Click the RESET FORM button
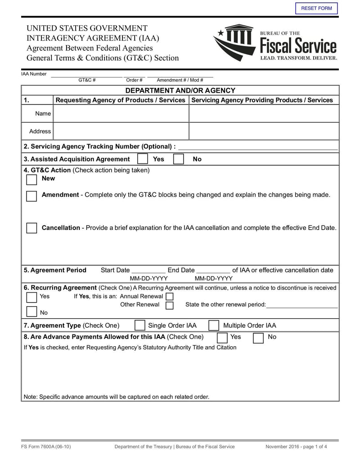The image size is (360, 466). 316,9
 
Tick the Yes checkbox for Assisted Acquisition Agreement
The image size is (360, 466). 142,159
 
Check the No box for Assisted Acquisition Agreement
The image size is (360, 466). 179,159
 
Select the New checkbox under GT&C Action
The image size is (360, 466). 31,180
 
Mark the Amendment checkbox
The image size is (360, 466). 31,196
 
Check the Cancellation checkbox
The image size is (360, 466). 31,228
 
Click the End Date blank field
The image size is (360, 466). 213,270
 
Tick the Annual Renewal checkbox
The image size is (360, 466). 170,296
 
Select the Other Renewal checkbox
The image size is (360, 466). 170,305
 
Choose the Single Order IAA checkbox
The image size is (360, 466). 140,326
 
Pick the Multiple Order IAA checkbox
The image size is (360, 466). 215,326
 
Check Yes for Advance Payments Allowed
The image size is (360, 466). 222,338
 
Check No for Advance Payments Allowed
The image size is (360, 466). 258,338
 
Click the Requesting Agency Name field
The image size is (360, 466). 121,113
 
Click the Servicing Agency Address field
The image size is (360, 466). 264,131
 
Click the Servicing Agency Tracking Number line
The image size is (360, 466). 258,146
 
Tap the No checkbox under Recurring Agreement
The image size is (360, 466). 31,312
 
